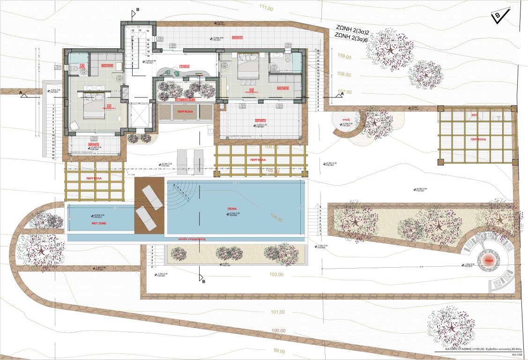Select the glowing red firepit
[487, 260]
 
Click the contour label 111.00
[265, 8]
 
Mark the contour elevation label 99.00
[279, 351]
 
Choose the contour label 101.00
[277, 312]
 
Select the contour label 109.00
[344, 56]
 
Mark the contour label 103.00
[276, 274]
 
